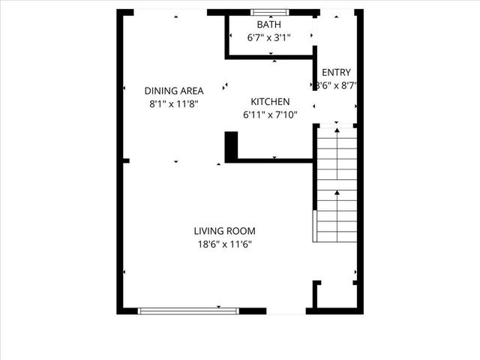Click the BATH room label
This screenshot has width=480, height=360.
pyautogui.click(x=269, y=25)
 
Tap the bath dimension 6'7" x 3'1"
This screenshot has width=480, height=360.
pyautogui.click(x=269, y=37)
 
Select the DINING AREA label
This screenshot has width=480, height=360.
pyautogui.click(x=174, y=91)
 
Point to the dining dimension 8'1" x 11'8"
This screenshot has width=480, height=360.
pyautogui.click(x=174, y=104)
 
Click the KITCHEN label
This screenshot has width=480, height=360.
pyautogui.click(x=270, y=102)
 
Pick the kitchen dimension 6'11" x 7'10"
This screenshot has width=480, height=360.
pyautogui.click(x=270, y=115)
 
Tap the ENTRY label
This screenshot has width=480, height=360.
pyautogui.click(x=336, y=73)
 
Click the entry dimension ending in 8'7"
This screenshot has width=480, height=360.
pyautogui.click(x=336, y=85)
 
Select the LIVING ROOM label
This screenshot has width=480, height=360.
pyautogui.click(x=224, y=231)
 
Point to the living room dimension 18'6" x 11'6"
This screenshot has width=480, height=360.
pyautogui.click(x=224, y=244)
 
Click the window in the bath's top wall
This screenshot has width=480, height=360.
pyautogui.click(x=269, y=12)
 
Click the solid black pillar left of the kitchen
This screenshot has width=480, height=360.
pyautogui.click(x=231, y=145)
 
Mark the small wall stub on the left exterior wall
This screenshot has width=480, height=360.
pyautogui.click(x=125, y=160)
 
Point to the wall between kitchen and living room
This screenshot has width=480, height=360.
pyautogui.click(x=274, y=160)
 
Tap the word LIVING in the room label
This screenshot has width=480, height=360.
pyautogui.click(x=208, y=231)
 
